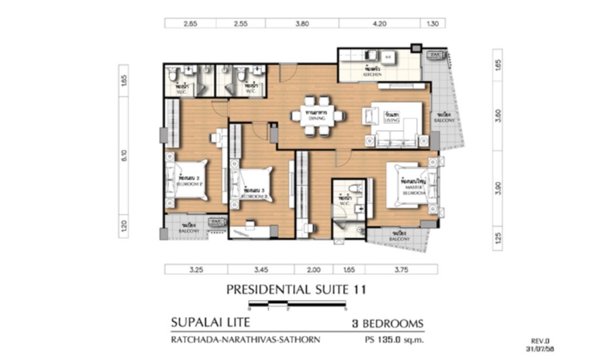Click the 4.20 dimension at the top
[x=379, y=24]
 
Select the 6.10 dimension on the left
[x=123, y=156]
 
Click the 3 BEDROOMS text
[x=387, y=324]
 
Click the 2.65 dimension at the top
[x=190, y=24]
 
